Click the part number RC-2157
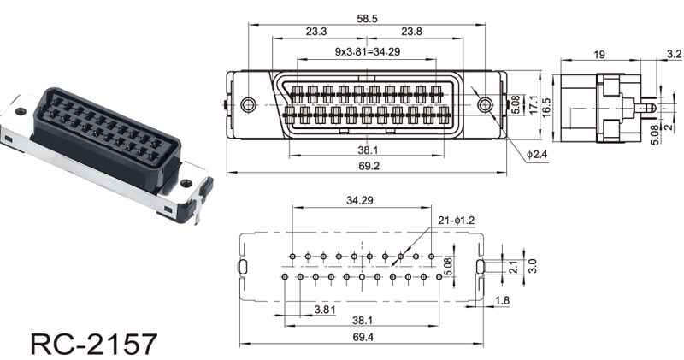[93, 345]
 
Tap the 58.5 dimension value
[367, 18]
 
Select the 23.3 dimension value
[316, 32]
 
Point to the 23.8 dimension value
[412, 32]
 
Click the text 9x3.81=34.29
[368, 51]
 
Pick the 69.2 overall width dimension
[369, 166]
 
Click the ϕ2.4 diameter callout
[537, 154]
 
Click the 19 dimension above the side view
[599, 55]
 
